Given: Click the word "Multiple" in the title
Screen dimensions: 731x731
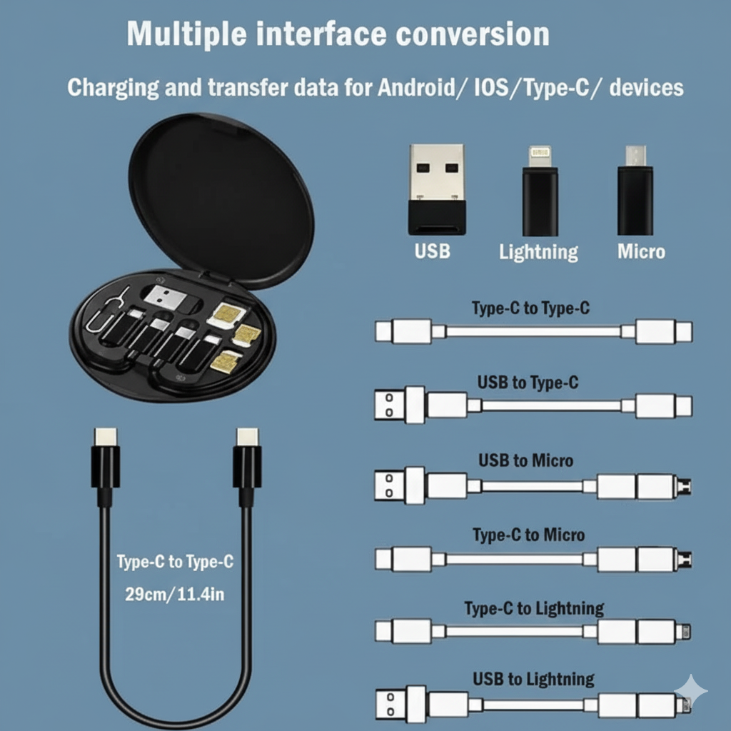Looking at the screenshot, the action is coord(186,34).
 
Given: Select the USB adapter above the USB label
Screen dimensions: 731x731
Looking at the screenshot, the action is coord(437,188).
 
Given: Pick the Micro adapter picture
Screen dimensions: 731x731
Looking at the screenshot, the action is coord(635,190).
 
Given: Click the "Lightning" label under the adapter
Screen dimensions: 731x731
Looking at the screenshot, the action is coord(538,252).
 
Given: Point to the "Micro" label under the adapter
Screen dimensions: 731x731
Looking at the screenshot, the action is coord(641,251).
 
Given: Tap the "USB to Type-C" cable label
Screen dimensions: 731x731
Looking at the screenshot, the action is coord(528,383).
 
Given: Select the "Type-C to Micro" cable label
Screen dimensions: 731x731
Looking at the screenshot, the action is coord(529,535).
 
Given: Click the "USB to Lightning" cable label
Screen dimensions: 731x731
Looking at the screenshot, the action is coord(533,680).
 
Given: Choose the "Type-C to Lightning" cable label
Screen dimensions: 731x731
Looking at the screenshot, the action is coord(534,609).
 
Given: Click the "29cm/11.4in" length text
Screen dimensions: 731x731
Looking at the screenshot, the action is coord(175,595).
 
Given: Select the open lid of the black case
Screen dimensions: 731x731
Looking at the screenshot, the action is coord(221,198).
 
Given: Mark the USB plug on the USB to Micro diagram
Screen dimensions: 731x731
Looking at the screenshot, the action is coord(400,485).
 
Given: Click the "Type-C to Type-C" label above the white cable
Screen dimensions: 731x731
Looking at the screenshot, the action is coord(530,308).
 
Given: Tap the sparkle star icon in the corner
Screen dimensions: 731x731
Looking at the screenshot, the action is coord(691,691).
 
